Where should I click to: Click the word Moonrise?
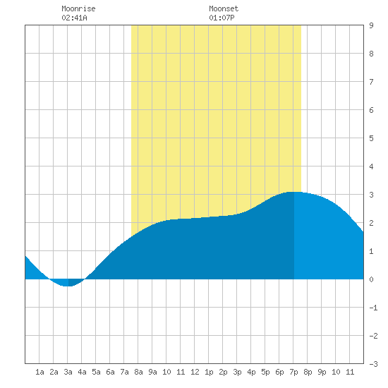(x=78, y=8)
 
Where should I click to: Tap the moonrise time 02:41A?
(x=74, y=18)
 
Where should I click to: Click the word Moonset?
(x=224, y=8)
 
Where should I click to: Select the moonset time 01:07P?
(x=222, y=18)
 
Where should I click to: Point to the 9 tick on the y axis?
(x=371, y=25)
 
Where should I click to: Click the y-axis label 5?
(x=371, y=138)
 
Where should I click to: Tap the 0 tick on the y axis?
(x=371, y=279)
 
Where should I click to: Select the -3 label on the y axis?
(x=373, y=364)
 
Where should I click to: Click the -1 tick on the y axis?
(x=373, y=308)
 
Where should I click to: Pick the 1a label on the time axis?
(x=40, y=372)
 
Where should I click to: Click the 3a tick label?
(x=68, y=372)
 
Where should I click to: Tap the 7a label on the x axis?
(x=124, y=372)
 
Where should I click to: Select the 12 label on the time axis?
(x=195, y=372)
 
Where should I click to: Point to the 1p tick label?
(x=209, y=372)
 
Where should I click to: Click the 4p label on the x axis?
(x=251, y=372)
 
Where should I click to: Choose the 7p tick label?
(x=293, y=372)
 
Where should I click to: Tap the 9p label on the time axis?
(x=322, y=372)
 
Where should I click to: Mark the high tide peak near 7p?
(x=294, y=192)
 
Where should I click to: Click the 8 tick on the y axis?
(x=371, y=54)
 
